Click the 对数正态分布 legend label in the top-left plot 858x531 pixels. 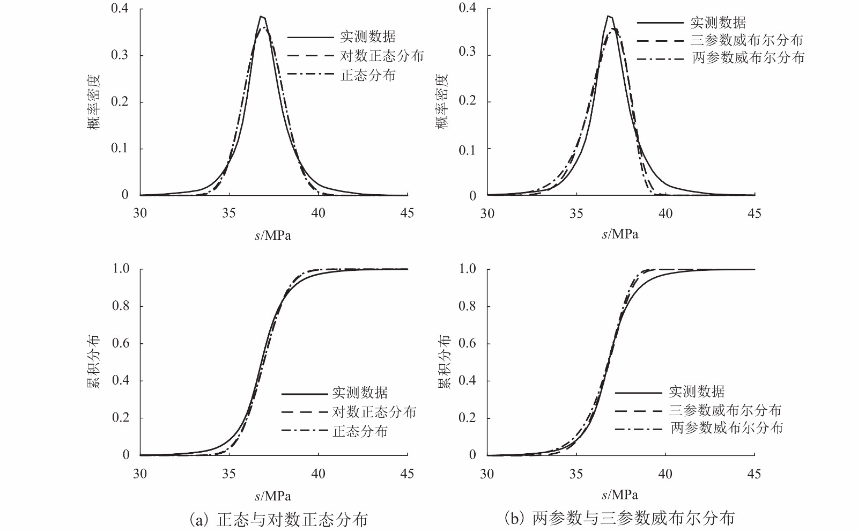click(382, 56)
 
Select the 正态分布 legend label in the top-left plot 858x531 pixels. click(368, 76)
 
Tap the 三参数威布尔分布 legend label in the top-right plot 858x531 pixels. click(747, 40)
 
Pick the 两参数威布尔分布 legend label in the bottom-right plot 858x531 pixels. click(727, 428)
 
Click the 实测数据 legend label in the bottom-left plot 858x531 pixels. click(360, 393)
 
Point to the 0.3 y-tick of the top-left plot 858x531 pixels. click(120, 55)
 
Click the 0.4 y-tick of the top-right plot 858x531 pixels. click(467, 8)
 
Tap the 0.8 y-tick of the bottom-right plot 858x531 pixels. click(467, 306)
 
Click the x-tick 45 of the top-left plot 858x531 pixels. click(407, 213)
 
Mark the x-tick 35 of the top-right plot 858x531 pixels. click(576, 214)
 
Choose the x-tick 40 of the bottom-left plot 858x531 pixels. click(318, 474)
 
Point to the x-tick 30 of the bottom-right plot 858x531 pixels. click(487, 474)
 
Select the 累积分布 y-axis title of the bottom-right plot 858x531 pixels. click(445, 362)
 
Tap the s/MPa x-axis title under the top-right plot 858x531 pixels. click(620, 234)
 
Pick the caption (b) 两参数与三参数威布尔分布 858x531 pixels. click(619, 518)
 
